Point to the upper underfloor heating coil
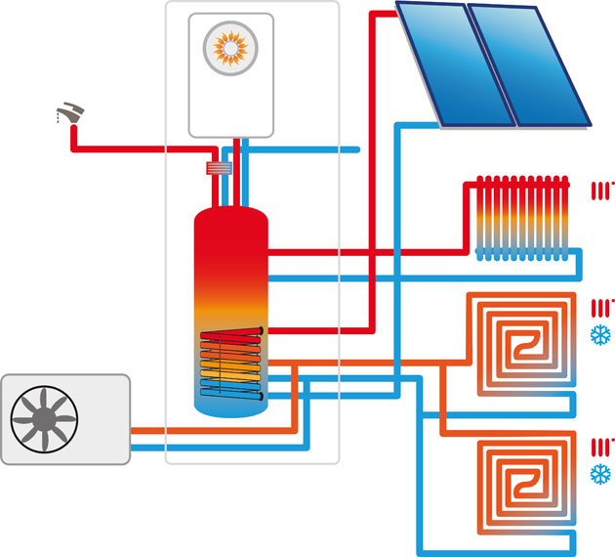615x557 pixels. click(521, 343)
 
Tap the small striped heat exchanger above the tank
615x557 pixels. click(219, 169)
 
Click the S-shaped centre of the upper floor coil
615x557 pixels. click(522, 343)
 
